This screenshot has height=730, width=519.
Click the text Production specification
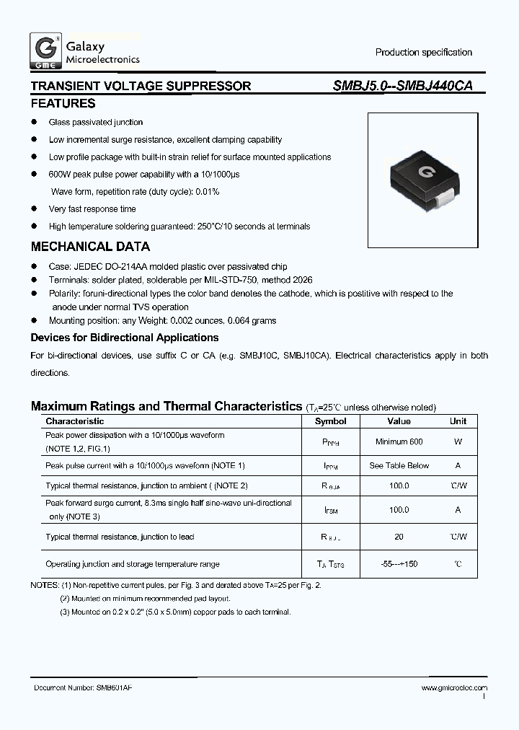423,53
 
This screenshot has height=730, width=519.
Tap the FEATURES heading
63,104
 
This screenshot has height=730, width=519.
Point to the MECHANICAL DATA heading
90,247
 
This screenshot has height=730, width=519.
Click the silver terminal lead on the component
447,194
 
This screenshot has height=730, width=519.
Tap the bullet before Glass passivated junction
34,123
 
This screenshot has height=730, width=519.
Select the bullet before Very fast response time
34,209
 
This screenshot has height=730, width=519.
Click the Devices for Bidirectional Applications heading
124,338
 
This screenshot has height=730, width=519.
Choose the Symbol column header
331,421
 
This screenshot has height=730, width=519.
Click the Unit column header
458,421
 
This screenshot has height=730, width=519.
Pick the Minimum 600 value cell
399,441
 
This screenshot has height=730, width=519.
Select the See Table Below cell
399,466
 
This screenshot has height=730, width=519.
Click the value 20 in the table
399,537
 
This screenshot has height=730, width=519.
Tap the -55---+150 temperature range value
399,564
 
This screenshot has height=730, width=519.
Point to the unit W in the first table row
458,441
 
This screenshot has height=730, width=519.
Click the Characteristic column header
75,421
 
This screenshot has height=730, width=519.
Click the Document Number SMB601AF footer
83,688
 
